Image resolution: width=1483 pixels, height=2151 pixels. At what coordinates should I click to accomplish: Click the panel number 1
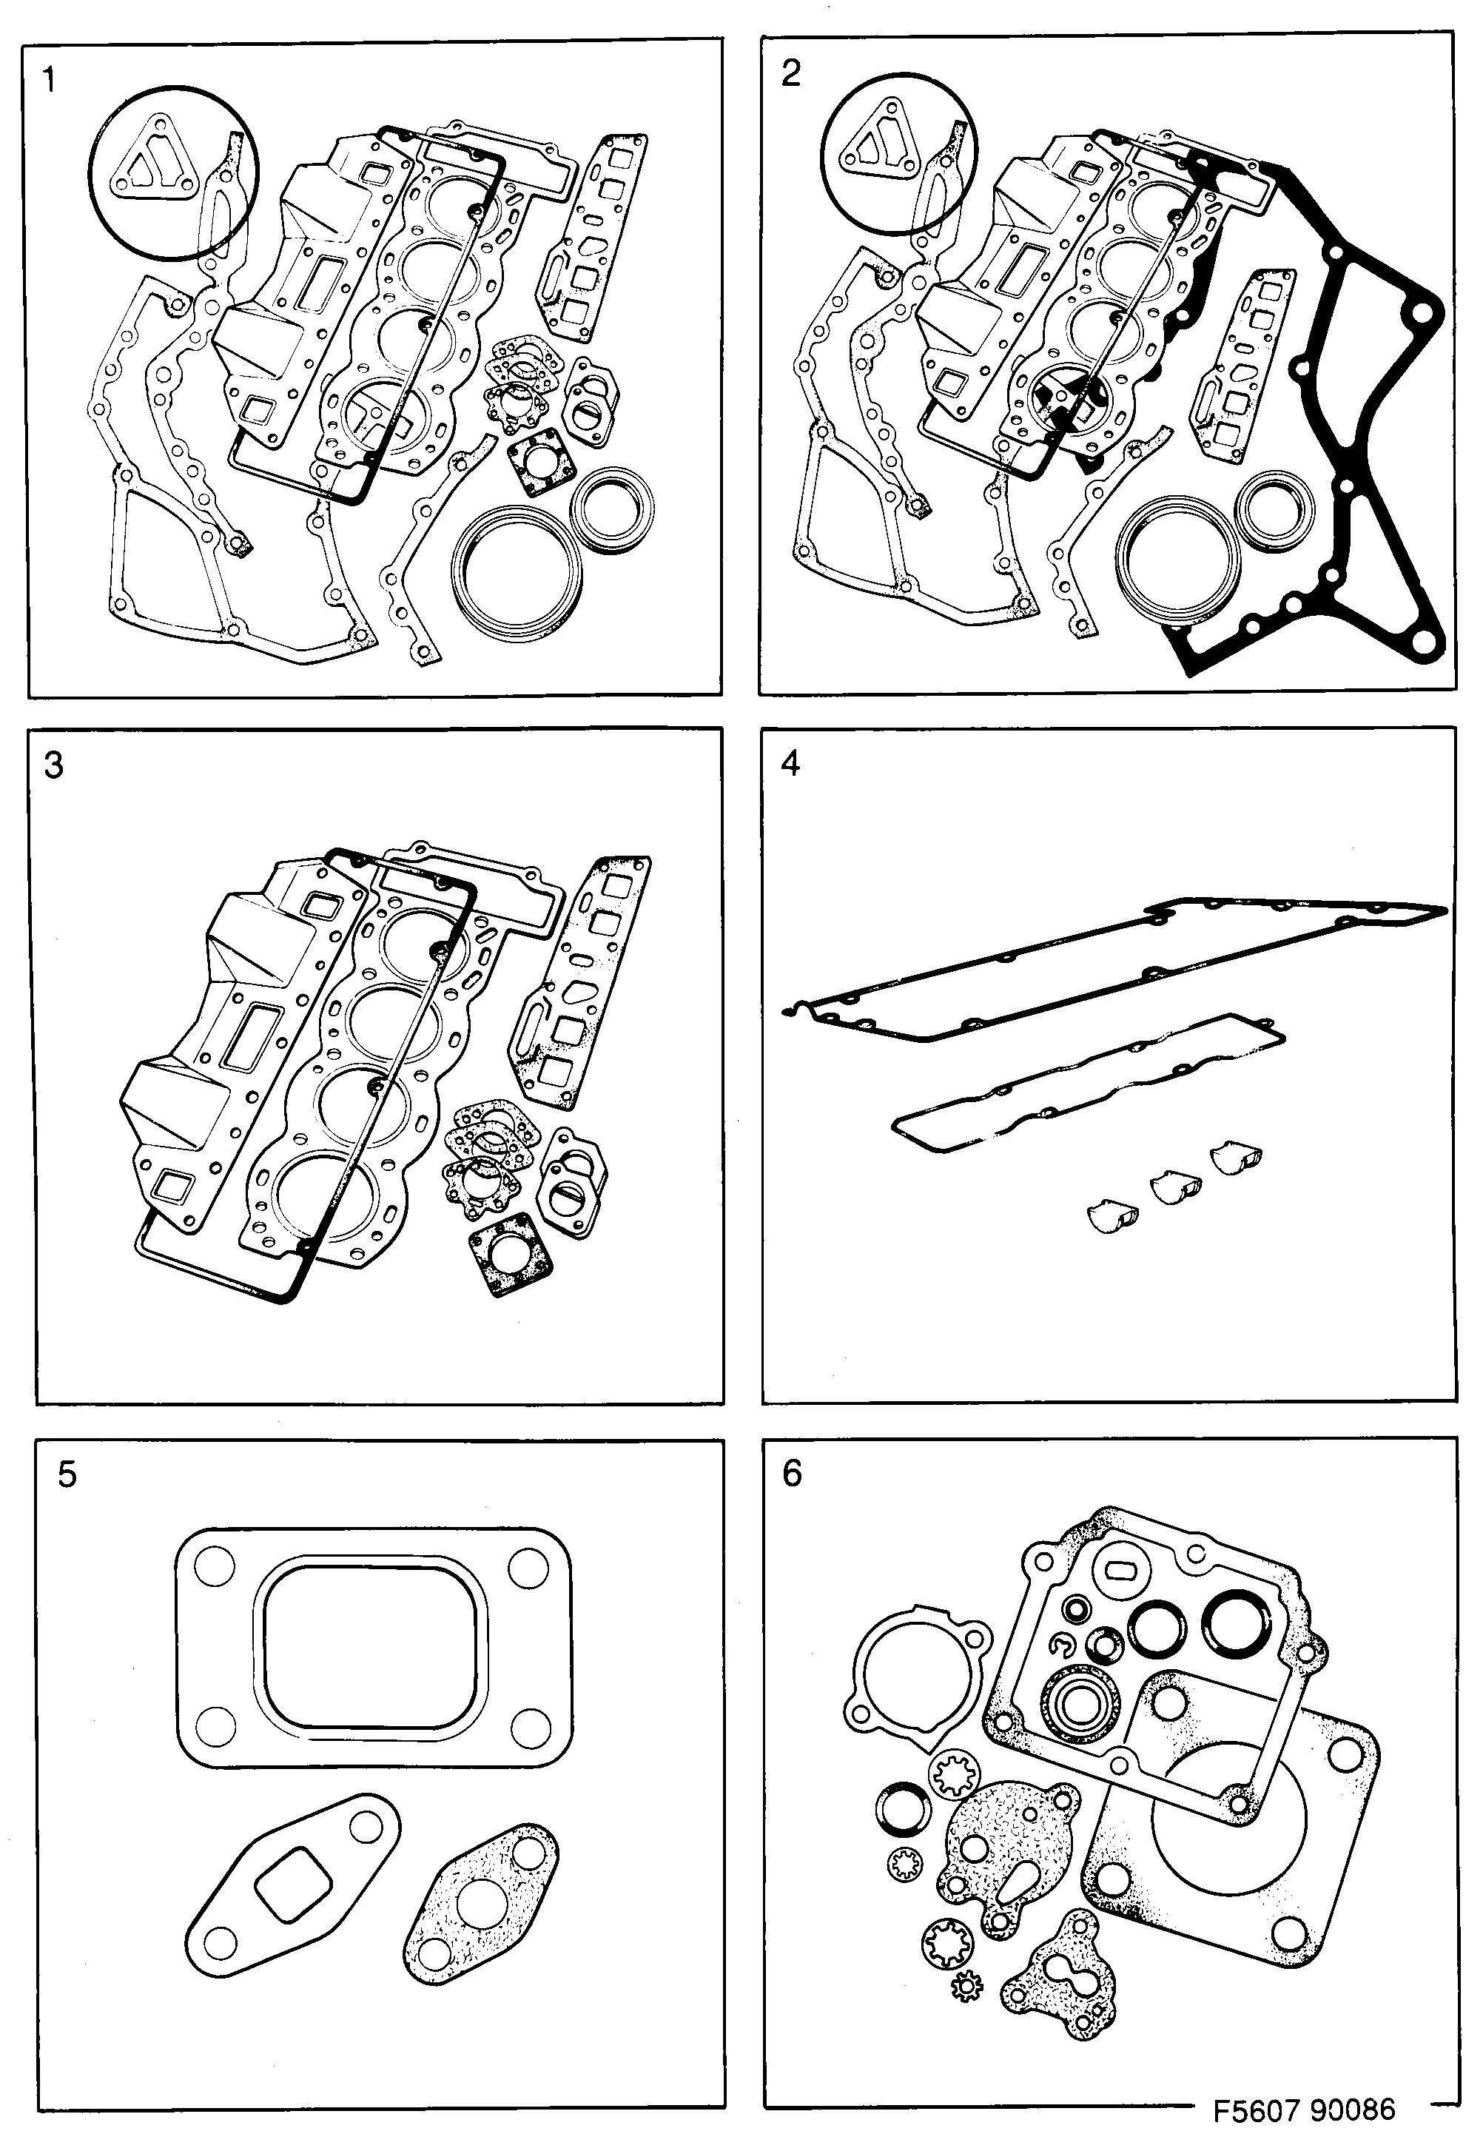pyautogui.click(x=50, y=81)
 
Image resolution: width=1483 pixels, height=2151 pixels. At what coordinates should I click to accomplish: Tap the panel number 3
pyautogui.click(x=54, y=765)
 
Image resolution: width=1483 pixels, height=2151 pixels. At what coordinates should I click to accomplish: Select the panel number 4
pyautogui.click(x=791, y=763)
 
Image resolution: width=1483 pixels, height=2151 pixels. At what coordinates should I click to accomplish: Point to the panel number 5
pyautogui.click(x=67, y=1474)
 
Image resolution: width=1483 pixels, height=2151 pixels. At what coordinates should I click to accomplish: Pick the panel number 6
pyautogui.click(x=792, y=1473)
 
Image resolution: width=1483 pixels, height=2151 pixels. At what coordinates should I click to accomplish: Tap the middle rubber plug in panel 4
pyautogui.click(x=1175, y=1187)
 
